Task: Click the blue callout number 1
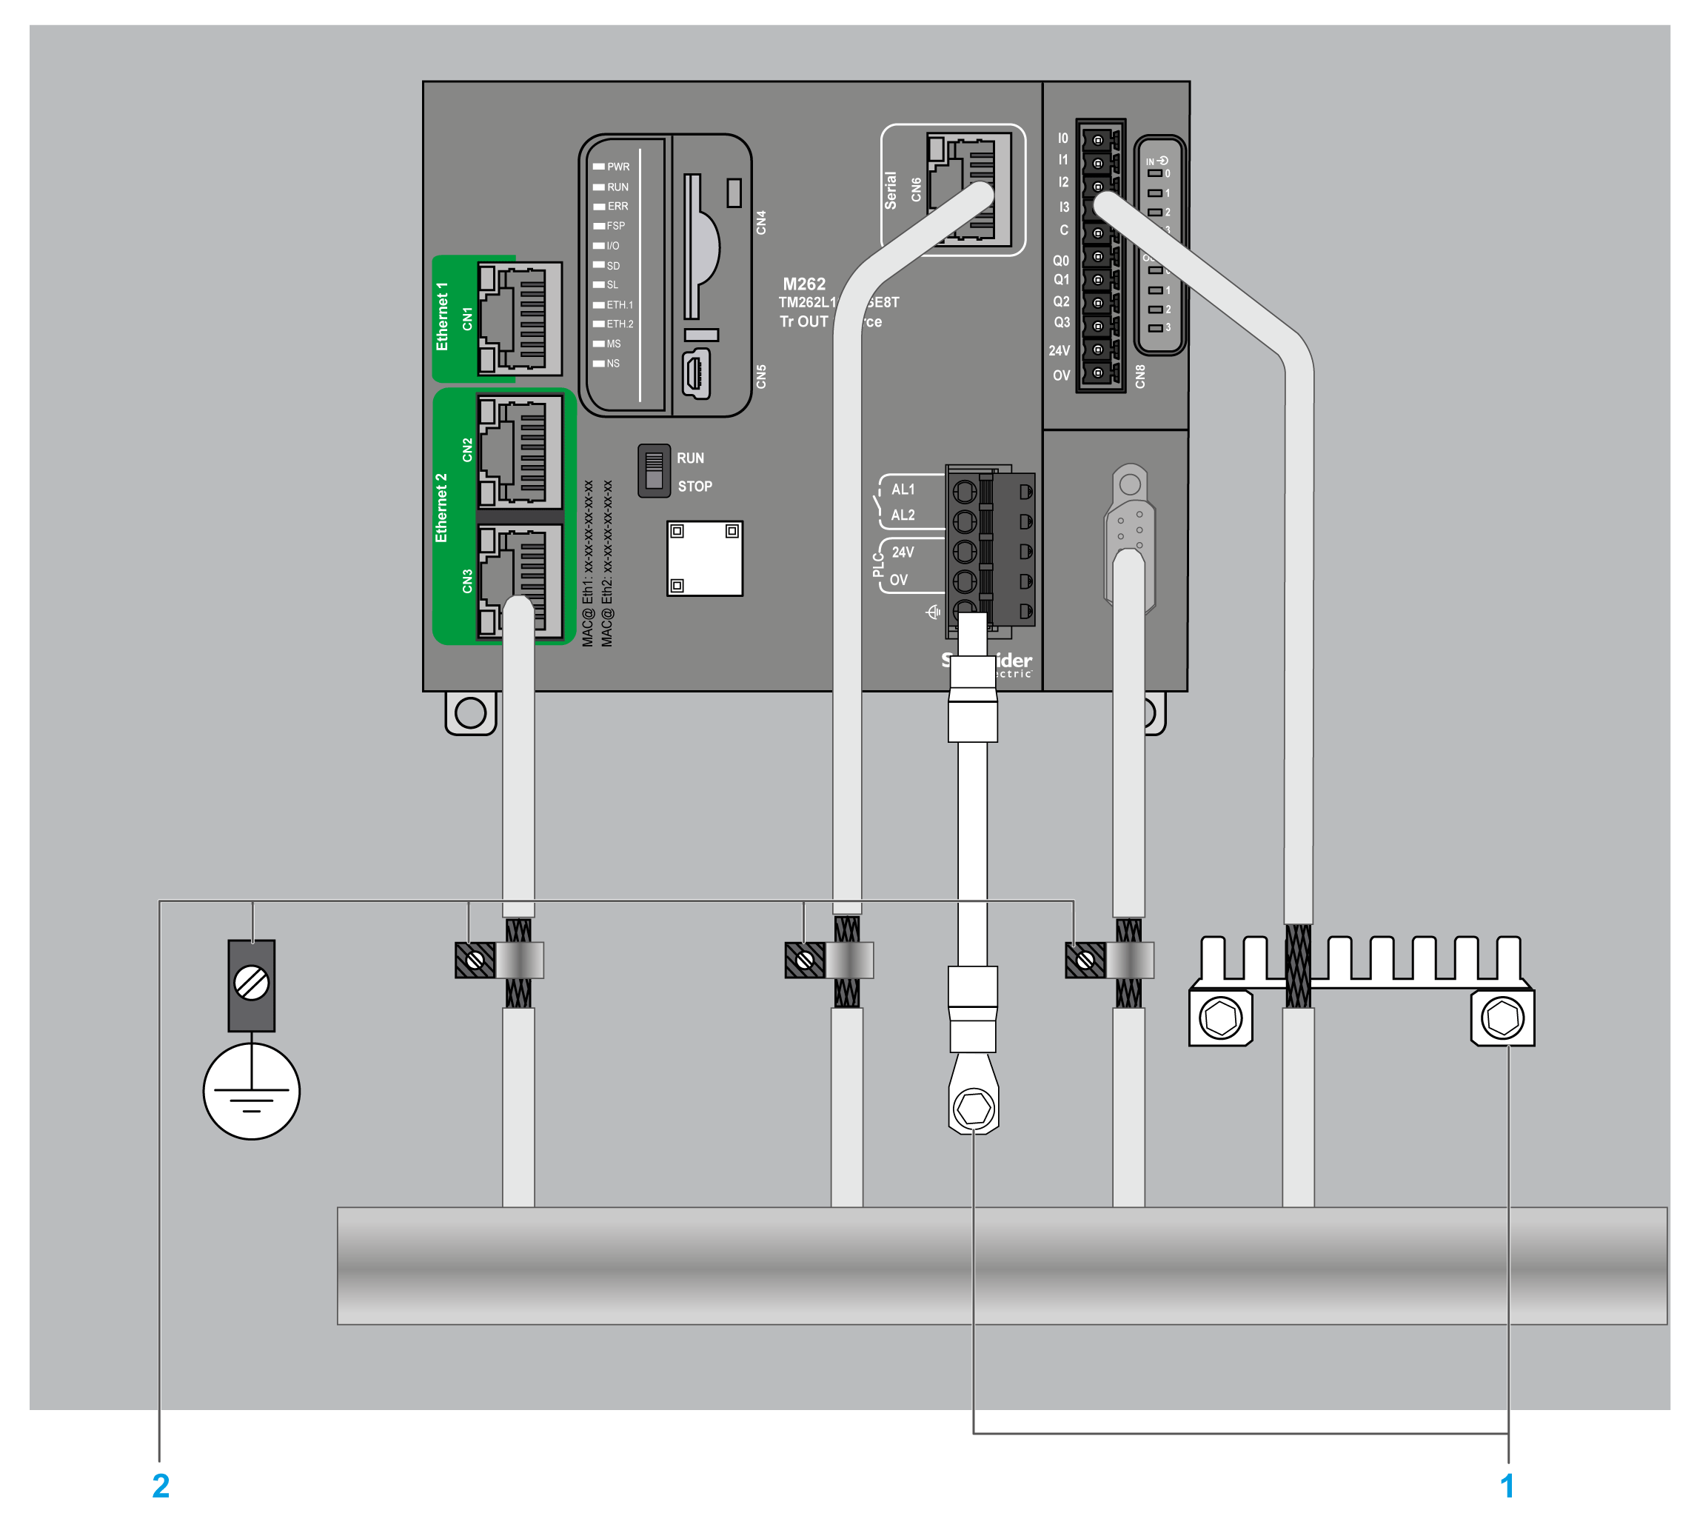(x=1507, y=1485)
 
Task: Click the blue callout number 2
(x=160, y=1485)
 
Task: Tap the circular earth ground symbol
(x=251, y=1091)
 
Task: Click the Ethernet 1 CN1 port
(x=519, y=318)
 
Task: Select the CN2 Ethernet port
(x=519, y=450)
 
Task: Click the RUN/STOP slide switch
(x=653, y=470)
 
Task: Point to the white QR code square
(x=705, y=558)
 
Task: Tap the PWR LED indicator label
(x=617, y=167)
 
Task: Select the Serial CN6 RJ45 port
(x=968, y=187)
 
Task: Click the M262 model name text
(x=804, y=284)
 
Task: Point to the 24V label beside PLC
(x=903, y=552)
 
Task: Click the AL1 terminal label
(x=903, y=489)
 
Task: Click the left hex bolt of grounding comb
(x=1221, y=1018)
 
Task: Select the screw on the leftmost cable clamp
(x=475, y=960)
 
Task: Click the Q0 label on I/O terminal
(x=1060, y=261)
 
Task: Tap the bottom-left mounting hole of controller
(x=469, y=713)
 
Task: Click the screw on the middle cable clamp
(x=804, y=960)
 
